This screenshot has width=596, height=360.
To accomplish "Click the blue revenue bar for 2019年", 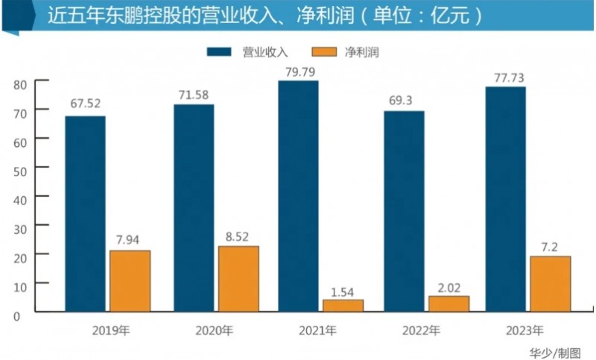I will click(85, 213).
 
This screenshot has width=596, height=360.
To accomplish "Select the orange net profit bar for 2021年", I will click(343, 306).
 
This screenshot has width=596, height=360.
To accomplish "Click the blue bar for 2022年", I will click(403, 211).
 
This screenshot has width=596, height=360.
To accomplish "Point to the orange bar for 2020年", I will click(238, 278).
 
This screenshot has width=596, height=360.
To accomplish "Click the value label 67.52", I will click(85, 104).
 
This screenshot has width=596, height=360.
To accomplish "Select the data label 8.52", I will click(238, 235).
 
